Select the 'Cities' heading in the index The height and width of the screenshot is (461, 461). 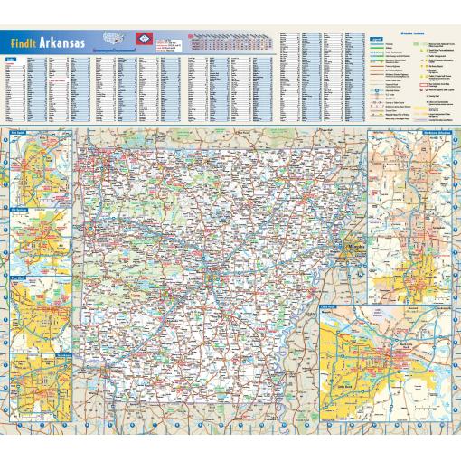[x=11, y=58]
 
